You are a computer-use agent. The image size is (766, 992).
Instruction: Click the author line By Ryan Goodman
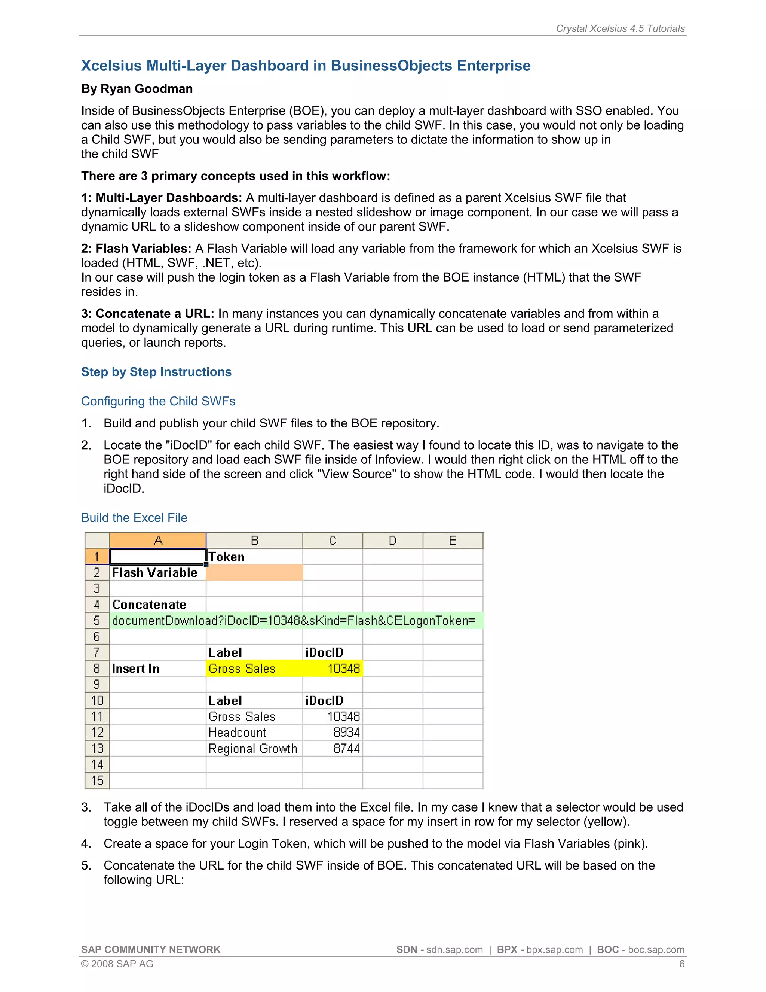pos(137,89)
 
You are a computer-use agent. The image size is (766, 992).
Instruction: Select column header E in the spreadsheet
pos(453,541)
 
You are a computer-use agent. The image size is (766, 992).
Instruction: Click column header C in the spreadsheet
pos(332,541)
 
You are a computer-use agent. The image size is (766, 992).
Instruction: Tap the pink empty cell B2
pos(254,573)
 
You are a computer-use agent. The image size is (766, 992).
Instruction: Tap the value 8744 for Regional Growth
pos(346,749)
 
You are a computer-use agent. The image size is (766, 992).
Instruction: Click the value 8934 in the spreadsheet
pos(346,733)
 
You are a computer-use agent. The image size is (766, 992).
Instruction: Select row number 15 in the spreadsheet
pos(97,781)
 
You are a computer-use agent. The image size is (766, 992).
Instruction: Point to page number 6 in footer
pos(681,964)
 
